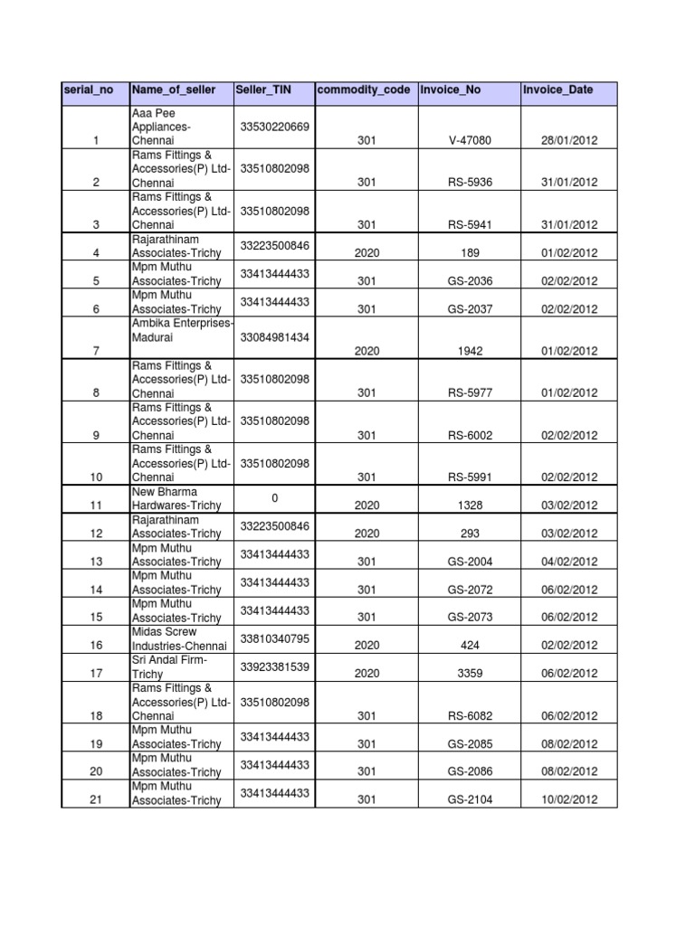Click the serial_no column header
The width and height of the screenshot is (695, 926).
[x=83, y=90]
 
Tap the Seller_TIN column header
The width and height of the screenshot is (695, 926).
[x=261, y=90]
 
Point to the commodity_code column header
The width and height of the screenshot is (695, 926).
[x=362, y=90]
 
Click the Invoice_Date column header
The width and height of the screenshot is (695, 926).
[x=557, y=90]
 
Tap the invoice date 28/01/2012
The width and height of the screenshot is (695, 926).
[x=569, y=141]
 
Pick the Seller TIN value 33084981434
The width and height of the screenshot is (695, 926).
[x=274, y=337]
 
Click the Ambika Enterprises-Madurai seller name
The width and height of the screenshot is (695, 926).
[x=182, y=330]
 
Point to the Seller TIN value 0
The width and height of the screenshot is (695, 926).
[x=274, y=498]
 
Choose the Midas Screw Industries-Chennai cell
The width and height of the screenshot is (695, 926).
[x=176, y=638]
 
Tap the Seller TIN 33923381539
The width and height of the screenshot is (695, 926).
[x=274, y=666]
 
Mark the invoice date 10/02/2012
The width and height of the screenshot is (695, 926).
[x=569, y=799]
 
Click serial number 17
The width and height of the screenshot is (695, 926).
[x=96, y=674]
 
